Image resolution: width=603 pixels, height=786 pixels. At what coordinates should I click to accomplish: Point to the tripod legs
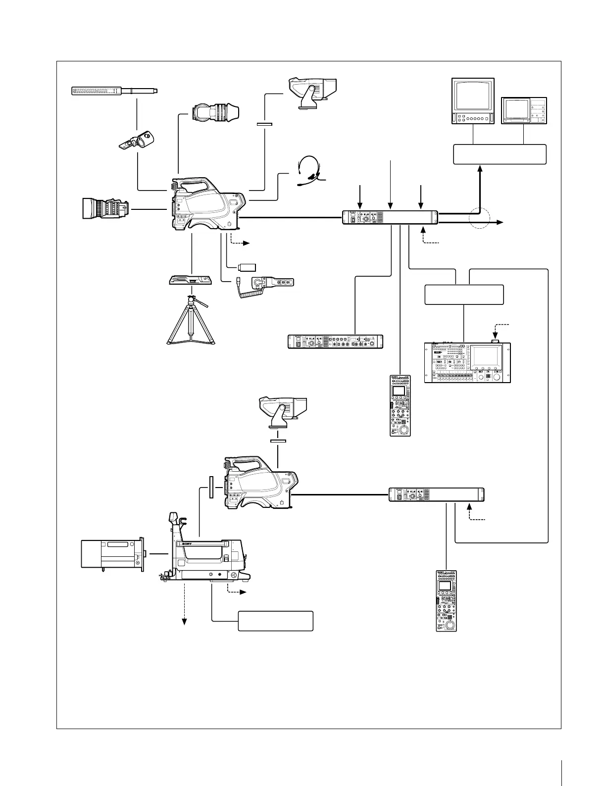[x=191, y=322]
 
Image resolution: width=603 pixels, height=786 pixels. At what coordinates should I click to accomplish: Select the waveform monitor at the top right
[x=524, y=110]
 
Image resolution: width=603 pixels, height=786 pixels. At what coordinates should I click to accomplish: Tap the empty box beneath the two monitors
[x=500, y=154]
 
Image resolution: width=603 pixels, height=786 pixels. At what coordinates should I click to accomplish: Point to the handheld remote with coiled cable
[x=267, y=284]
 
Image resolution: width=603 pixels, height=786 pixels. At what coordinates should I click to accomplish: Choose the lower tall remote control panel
[x=446, y=600]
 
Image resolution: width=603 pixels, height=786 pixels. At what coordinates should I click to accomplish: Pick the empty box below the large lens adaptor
[x=275, y=621]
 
